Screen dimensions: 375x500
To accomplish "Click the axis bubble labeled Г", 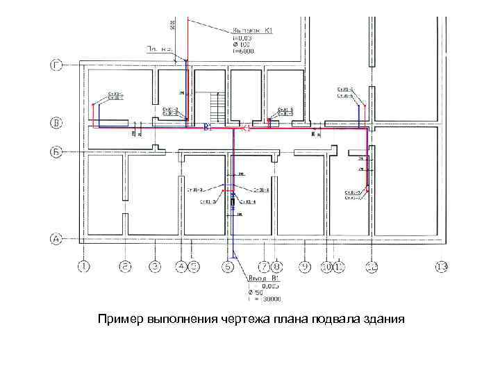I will tap(58, 66).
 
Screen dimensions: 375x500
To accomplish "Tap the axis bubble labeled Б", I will tap(58, 151).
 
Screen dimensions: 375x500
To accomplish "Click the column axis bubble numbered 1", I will tap(84, 266).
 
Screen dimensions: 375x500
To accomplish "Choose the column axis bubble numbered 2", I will tap(125, 266).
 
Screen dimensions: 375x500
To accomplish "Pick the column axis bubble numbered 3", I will tap(155, 266).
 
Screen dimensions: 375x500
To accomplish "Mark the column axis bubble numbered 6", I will tap(228, 266).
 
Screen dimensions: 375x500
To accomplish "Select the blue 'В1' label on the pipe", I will tap(206, 128).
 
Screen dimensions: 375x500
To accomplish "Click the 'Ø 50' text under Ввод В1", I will tap(256, 292).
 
